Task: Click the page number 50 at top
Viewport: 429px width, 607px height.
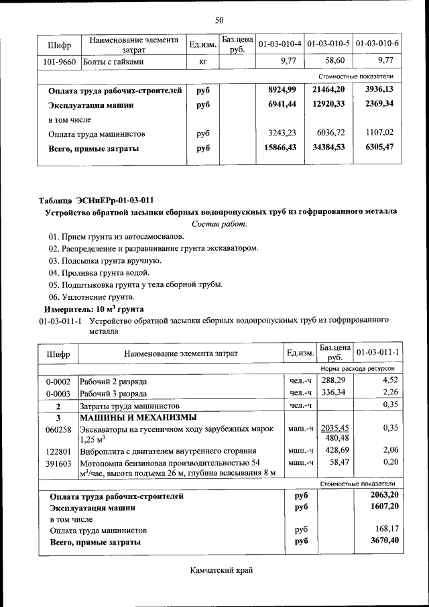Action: point(219,20)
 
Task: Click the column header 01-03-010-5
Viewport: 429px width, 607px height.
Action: point(328,44)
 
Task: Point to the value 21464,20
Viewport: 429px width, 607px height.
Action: point(328,90)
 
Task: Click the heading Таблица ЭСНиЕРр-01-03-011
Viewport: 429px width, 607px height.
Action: point(97,199)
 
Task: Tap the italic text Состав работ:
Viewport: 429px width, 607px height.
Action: point(220,223)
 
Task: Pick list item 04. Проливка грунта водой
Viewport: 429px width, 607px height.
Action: point(99,272)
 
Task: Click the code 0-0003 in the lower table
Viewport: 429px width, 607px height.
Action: point(58,393)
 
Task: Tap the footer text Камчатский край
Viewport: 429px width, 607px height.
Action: point(219,570)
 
